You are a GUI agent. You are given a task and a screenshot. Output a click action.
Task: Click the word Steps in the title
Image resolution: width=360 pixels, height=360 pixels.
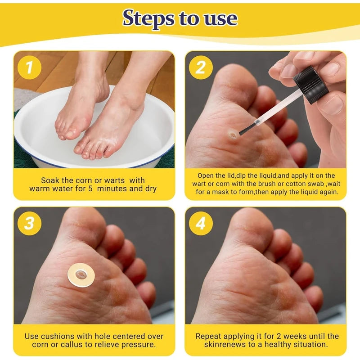tap(148, 18)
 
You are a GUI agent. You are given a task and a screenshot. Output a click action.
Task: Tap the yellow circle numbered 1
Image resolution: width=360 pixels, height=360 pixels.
tap(29, 67)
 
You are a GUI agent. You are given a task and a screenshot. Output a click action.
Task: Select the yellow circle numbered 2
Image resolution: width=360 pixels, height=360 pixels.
tap(201, 67)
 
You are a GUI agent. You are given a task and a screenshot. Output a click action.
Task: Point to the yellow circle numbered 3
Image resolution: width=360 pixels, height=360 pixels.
tap(29, 223)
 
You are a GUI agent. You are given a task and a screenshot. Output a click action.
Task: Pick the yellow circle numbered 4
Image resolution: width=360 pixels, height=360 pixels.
tap(201, 223)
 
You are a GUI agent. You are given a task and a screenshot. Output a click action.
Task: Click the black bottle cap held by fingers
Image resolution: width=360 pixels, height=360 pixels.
tap(310, 85)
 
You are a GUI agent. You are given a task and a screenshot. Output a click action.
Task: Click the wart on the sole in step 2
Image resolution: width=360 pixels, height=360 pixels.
tap(233, 135)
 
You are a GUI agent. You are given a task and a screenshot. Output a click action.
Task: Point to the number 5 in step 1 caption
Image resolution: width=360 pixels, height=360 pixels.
tap(90, 189)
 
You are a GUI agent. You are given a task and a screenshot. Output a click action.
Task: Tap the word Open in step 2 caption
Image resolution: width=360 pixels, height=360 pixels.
tap(206, 176)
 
